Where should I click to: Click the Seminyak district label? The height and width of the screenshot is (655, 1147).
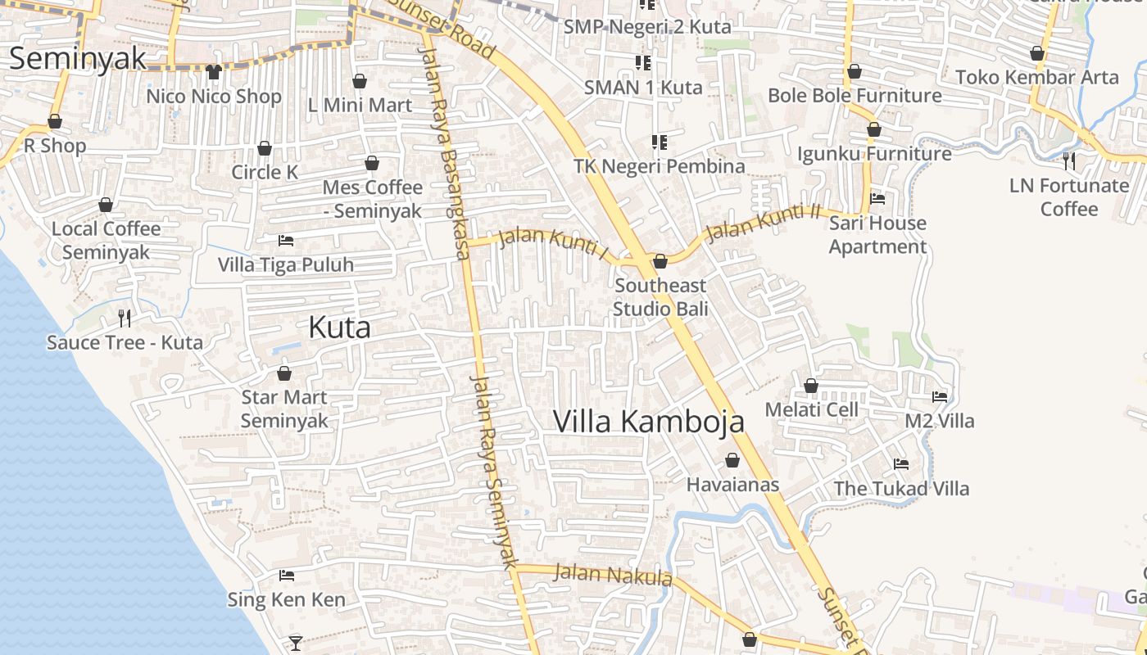pos(78,59)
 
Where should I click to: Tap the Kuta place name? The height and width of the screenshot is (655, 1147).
pos(339,327)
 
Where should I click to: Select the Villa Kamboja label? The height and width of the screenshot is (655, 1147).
pos(649,422)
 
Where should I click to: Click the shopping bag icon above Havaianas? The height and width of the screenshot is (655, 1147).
pos(732,461)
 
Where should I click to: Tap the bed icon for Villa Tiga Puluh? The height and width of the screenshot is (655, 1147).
pos(286,241)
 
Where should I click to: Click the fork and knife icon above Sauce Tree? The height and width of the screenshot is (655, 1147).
pos(125,318)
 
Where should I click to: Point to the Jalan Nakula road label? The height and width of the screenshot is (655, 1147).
pos(612,575)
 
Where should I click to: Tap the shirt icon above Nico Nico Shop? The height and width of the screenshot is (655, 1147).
pos(214,72)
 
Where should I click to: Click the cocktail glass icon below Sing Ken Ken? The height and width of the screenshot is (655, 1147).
pos(296,643)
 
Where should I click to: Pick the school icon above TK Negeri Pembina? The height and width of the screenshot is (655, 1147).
pos(660,142)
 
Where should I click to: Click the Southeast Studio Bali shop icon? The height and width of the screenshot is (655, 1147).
pos(660,261)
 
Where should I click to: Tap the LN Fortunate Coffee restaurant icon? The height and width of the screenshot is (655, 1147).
pos(1068,160)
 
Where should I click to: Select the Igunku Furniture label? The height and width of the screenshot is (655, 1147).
pos(874,153)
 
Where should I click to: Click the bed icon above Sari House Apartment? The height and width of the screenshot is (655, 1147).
pos(877,199)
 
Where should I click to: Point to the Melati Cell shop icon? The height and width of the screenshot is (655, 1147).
pos(811,386)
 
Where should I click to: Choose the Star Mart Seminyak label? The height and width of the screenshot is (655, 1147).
pos(284,409)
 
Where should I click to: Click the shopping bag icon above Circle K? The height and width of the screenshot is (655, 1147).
pos(265,148)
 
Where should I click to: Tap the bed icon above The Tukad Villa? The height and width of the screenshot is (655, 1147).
pos(901,464)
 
